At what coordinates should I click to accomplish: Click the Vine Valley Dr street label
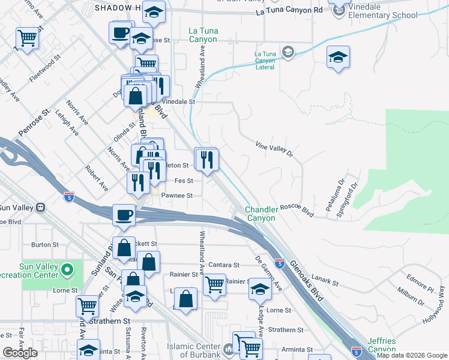273,149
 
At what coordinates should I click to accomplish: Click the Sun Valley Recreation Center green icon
68,270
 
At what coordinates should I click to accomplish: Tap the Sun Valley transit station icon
41,208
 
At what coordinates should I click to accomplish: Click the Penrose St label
33,123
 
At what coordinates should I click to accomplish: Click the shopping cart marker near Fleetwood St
27,40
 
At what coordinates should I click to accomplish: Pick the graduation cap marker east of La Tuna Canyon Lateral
338,58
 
